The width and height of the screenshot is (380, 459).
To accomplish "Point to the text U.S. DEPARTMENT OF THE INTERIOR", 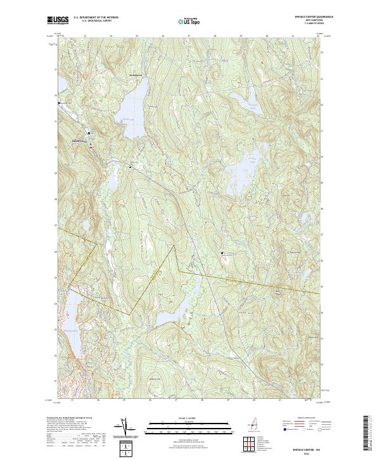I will coord(96,18).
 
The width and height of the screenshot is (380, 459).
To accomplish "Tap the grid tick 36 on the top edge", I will coord(163,35).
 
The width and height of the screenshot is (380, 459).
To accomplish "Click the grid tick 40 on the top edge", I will coord(266,35).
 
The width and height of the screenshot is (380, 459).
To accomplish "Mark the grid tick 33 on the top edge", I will coord(85,35).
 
